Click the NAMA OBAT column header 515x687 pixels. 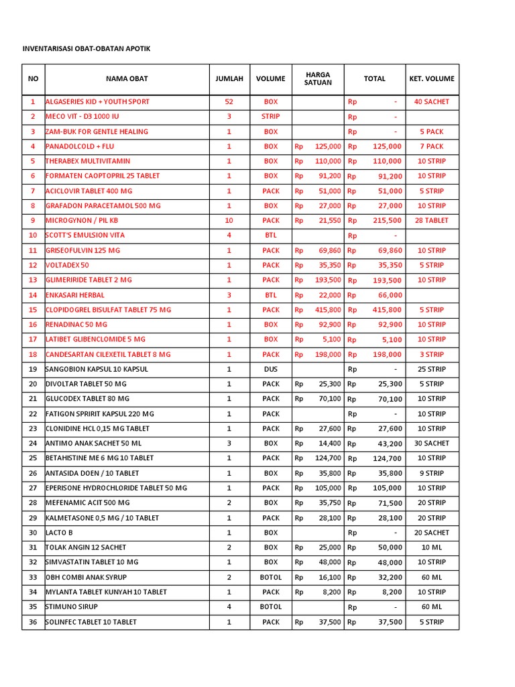click(x=127, y=78)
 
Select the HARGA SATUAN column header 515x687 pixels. click(x=318, y=78)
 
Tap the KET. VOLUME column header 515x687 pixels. click(x=432, y=78)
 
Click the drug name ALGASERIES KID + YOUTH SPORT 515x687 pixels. click(x=98, y=102)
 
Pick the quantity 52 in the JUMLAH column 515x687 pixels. click(x=229, y=102)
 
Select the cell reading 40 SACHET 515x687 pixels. click(x=432, y=102)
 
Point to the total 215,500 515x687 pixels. click(x=387, y=221)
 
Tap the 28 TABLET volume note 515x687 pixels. click(x=432, y=221)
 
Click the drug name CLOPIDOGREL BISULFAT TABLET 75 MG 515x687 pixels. click(x=109, y=310)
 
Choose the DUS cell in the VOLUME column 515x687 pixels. click(x=271, y=370)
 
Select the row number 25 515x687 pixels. click(x=33, y=458)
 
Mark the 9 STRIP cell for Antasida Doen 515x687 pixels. click(x=432, y=474)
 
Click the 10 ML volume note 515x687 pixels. click(x=432, y=547)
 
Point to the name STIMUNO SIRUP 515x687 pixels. click(x=73, y=606)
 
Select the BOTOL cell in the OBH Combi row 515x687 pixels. click(x=271, y=577)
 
